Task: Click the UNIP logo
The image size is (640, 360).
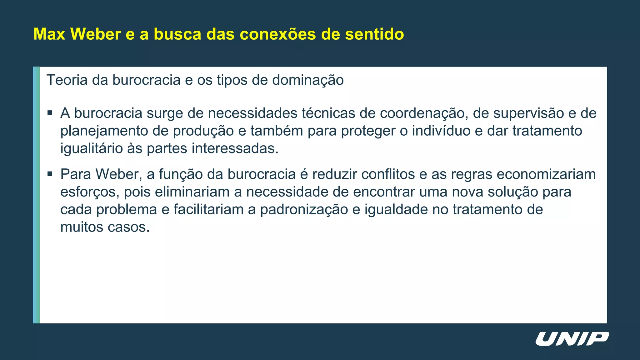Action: pyautogui.click(x=572, y=339)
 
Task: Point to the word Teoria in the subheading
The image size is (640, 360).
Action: pyautogui.click(x=67, y=80)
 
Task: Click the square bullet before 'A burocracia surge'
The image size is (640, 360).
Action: pyautogui.click(x=50, y=112)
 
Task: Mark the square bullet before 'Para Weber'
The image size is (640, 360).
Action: pyautogui.click(x=50, y=173)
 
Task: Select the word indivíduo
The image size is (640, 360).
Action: pyautogui.click(x=441, y=131)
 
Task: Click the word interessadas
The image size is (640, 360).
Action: pyautogui.click(x=235, y=148)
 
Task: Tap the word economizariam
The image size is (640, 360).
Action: pyautogui.click(x=546, y=174)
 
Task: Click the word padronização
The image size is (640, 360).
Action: pyautogui.click(x=304, y=209)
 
